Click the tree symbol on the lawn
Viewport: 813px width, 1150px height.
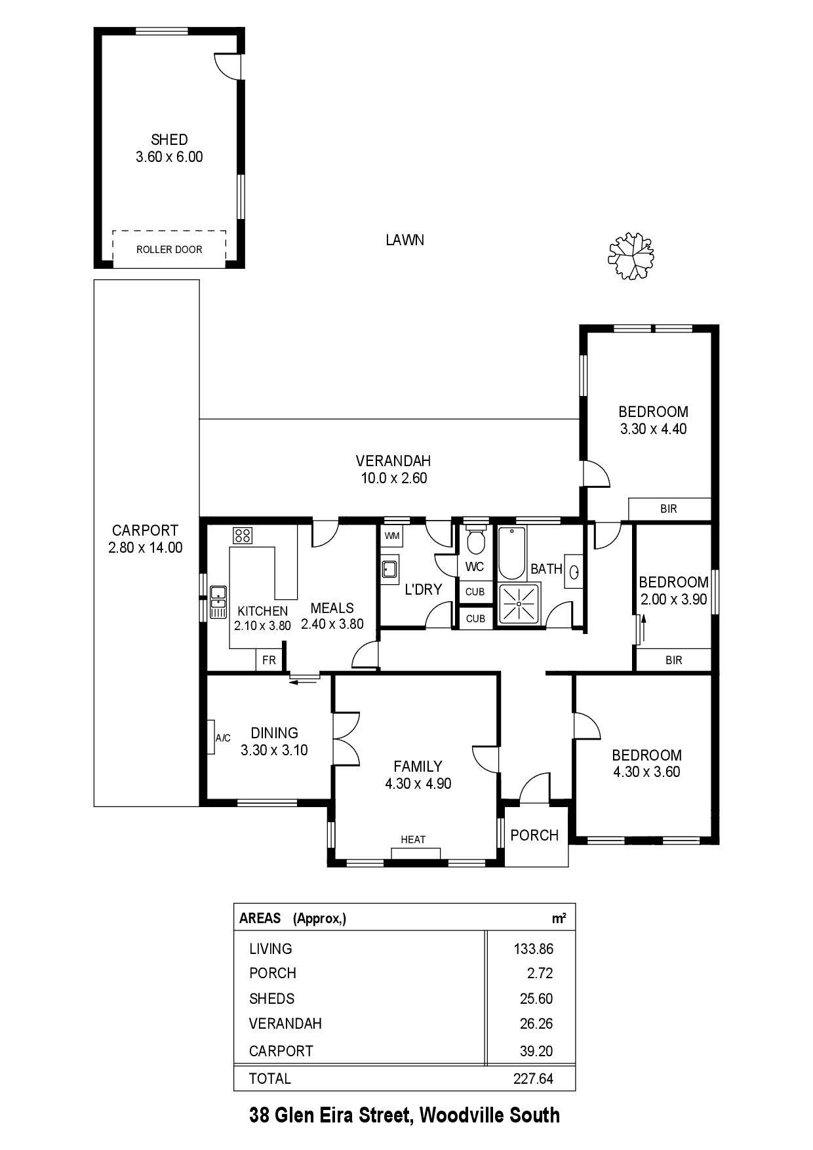[x=631, y=255]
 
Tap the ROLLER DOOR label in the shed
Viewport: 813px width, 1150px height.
[x=169, y=249]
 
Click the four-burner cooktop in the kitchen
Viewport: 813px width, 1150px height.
[x=243, y=535]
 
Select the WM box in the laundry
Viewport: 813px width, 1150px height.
[x=392, y=536]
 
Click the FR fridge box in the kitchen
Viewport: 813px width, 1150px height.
[x=269, y=660]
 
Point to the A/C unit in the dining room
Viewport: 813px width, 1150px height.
[x=212, y=737]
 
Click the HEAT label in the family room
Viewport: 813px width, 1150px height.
[x=413, y=839]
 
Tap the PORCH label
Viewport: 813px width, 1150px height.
[x=534, y=835]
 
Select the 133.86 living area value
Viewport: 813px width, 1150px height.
[x=533, y=949]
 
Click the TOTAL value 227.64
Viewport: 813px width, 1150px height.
[x=533, y=1079]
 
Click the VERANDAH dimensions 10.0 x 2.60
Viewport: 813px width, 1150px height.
[x=394, y=478]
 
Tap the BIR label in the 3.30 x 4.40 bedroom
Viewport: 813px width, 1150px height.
[x=669, y=509]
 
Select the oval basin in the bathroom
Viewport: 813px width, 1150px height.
[x=575, y=572]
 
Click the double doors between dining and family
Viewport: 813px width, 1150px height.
[x=347, y=737]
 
